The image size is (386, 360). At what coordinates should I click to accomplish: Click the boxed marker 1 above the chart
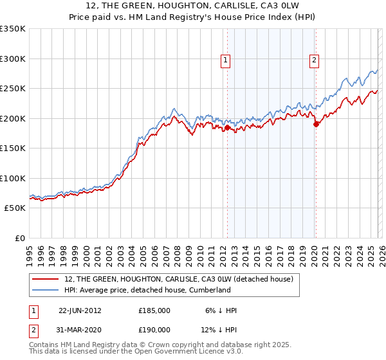tap(226, 61)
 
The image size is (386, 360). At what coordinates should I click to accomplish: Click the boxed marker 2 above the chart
tap(315, 61)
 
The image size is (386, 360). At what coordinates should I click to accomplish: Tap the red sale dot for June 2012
tap(227, 128)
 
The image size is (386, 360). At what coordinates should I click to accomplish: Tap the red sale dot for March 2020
tap(316, 125)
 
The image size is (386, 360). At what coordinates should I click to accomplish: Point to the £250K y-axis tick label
tap(13, 89)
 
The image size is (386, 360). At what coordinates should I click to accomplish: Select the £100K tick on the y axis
tap(13, 178)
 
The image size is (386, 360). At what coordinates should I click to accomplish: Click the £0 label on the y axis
tap(19, 238)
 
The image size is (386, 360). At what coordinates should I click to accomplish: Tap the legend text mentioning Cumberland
tap(147, 290)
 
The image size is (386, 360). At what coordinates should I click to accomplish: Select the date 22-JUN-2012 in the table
tap(80, 310)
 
